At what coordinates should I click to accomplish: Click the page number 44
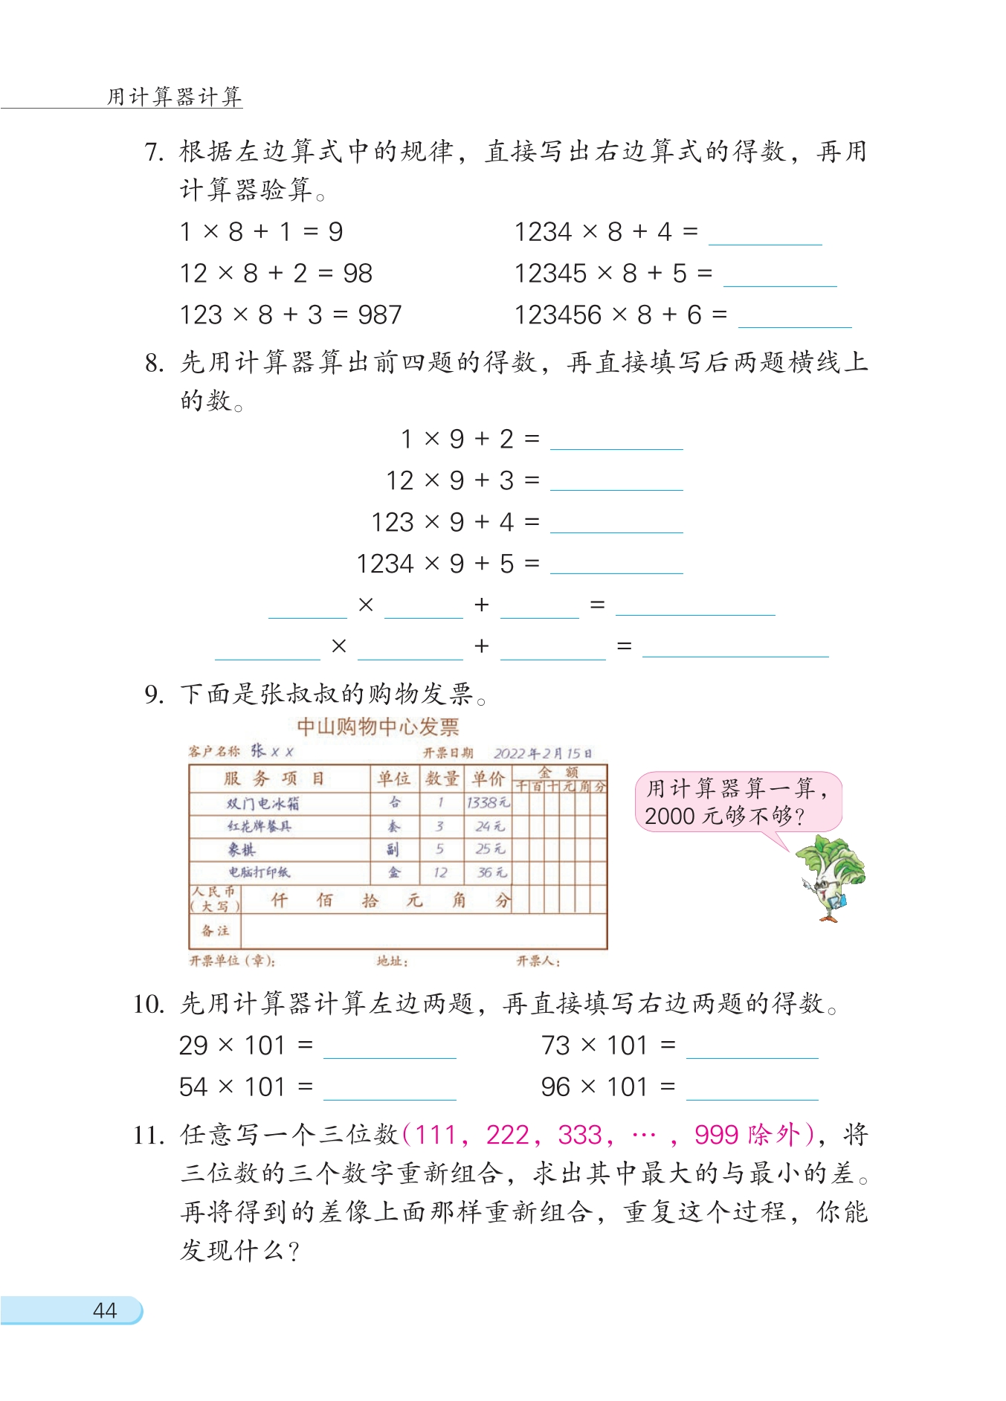click(x=105, y=1310)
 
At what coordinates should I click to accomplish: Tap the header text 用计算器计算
click(x=175, y=97)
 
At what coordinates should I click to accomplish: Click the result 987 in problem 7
click(x=379, y=315)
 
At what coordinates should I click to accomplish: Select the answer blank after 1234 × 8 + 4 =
click(x=765, y=234)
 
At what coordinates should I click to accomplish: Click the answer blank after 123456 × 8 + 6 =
click(x=795, y=318)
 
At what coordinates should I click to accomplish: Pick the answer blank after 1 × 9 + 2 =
click(x=616, y=439)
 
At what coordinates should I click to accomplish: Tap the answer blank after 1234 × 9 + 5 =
click(x=616, y=564)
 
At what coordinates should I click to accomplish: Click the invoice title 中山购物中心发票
click(x=378, y=727)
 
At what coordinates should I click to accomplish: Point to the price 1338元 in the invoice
click(x=488, y=802)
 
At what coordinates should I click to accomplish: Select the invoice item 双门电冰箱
click(x=263, y=803)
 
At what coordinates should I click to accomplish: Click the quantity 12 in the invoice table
click(x=440, y=872)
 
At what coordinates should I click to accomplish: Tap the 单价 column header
click(x=488, y=779)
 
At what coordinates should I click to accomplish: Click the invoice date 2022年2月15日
click(x=543, y=753)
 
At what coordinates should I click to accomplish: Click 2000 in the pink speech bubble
click(x=669, y=817)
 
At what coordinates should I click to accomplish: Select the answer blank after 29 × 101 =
click(x=390, y=1048)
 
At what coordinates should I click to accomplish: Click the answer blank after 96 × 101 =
click(x=752, y=1089)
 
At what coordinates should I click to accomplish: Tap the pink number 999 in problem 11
click(x=716, y=1135)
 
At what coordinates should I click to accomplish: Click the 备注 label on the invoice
click(x=216, y=930)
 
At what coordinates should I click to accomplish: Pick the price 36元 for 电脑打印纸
click(x=490, y=872)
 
